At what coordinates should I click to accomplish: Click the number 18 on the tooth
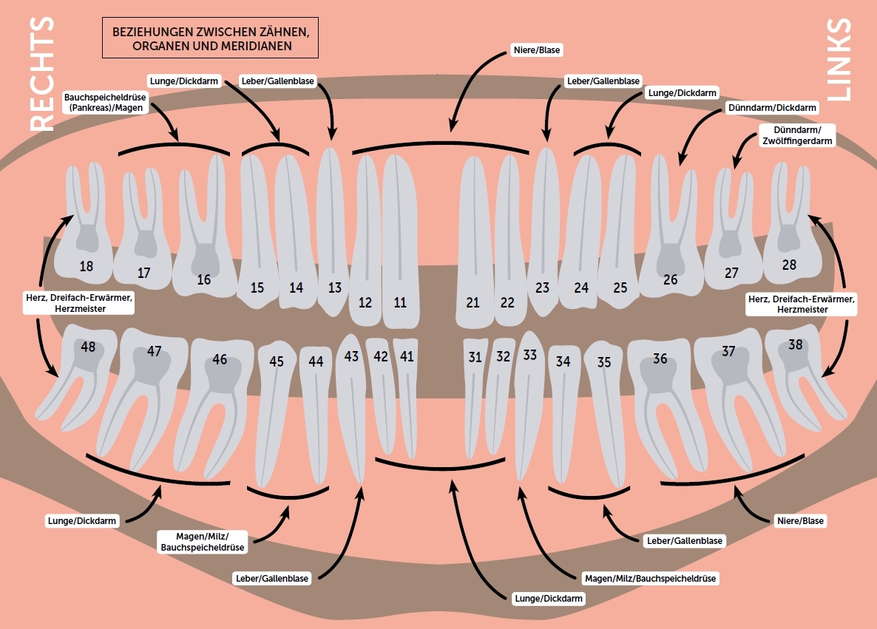pyautogui.click(x=87, y=266)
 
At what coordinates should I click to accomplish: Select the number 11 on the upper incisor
pyautogui.click(x=400, y=302)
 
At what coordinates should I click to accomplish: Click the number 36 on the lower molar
pyautogui.click(x=660, y=358)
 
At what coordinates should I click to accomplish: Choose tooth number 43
pyautogui.click(x=351, y=356)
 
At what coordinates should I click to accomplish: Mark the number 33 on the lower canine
pyautogui.click(x=529, y=355)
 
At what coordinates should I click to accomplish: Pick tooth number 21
pyautogui.click(x=473, y=302)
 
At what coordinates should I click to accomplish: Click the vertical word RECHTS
pyautogui.click(x=42, y=74)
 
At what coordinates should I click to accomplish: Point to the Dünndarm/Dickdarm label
pyautogui.click(x=772, y=108)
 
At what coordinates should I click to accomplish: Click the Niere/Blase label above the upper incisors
pyautogui.click(x=536, y=50)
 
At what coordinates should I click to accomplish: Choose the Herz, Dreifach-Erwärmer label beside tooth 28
pyautogui.click(x=801, y=304)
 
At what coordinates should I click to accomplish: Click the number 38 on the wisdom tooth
pyautogui.click(x=796, y=344)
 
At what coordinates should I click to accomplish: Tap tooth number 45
pyautogui.click(x=277, y=361)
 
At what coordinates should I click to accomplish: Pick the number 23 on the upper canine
pyautogui.click(x=543, y=288)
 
